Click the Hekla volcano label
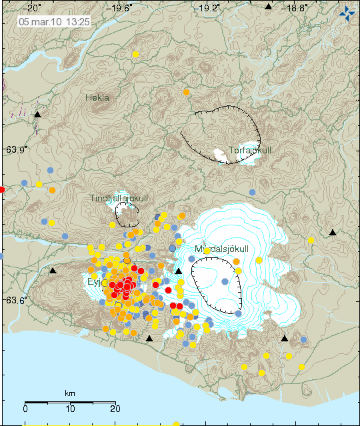(97, 97)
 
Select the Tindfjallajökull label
(119, 198)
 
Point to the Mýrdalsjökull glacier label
(221, 249)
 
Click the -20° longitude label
(29, 8)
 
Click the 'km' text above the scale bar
(70, 393)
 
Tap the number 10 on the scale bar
(70, 408)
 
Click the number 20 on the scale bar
(114, 408)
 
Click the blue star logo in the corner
(347, 13)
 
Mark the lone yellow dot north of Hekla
(135, 54)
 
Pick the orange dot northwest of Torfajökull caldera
(187, 92)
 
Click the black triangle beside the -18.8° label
(268, 7)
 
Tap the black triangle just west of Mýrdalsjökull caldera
(178, 271)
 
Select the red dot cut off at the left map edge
(1, 189)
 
